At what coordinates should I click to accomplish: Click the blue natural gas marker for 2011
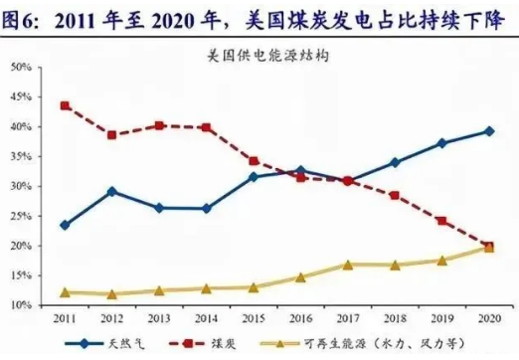click(65, 225)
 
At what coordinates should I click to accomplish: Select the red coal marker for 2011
click(65, 105)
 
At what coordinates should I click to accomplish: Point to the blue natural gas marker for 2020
click(489, 131)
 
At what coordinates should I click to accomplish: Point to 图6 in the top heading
click(22, 16)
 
